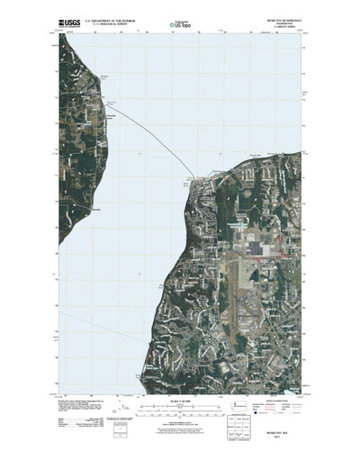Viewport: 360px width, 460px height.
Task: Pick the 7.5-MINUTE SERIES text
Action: pyautogui.click(x=288, y=23)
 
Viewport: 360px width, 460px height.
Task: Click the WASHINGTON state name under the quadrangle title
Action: pyautogui.click(x=288, y=19)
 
